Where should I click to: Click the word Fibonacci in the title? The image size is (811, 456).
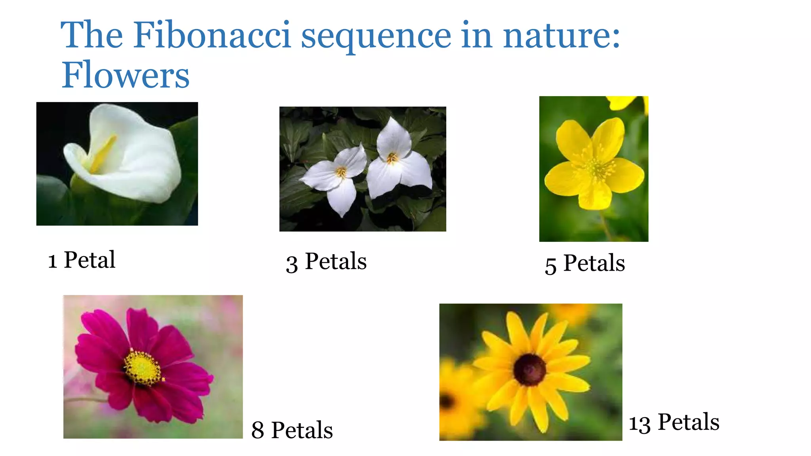click(212, 35)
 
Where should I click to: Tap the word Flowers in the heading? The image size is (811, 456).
click(126, 75)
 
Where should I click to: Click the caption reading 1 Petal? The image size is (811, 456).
click(82, 260)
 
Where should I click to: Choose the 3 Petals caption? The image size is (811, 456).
click(326, 262)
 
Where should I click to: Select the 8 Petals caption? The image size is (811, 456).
click(292, 430)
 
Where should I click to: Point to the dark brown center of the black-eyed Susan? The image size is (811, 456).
click(529, 370)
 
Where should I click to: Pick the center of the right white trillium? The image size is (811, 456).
click(392, 158)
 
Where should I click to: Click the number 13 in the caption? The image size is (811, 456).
click(640, 424)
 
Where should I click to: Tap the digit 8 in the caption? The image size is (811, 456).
click(258, 431)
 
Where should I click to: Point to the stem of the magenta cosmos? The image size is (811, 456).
click(85, 399)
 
